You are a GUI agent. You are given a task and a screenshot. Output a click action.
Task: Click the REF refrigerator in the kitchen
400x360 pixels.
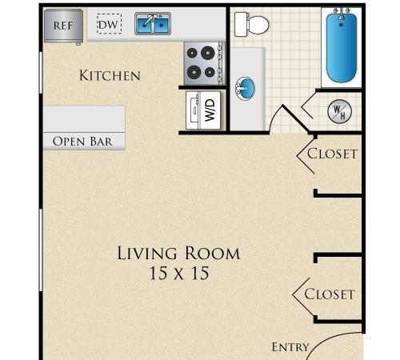point(63,26)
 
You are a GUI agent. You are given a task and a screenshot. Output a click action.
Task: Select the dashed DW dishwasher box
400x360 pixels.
point(109,24)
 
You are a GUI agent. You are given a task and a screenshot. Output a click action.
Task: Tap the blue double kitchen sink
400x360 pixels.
point(153,23)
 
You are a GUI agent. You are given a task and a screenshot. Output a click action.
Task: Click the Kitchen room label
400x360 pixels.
point(110,75)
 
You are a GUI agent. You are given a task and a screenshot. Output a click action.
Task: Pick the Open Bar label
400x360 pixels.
point(82,142)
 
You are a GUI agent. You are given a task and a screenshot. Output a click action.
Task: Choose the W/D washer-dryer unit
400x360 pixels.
point(203,110)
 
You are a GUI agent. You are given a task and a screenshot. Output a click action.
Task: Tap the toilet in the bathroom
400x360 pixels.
point(251,25)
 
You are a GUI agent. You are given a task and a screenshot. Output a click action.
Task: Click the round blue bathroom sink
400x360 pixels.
point(245,89)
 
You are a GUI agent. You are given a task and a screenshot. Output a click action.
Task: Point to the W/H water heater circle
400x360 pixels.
point(339,111)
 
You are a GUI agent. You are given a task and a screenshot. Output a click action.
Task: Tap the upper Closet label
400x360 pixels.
point(332,154)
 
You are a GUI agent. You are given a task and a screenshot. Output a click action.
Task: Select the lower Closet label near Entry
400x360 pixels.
point(330,294)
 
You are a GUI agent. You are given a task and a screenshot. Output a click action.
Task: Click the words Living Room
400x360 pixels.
point(178,253)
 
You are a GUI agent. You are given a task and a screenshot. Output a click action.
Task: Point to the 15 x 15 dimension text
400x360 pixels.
point(179,273)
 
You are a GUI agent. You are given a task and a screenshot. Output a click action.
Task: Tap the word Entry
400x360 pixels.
point(290,347)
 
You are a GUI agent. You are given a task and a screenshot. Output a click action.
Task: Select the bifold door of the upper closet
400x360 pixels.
point(306,154)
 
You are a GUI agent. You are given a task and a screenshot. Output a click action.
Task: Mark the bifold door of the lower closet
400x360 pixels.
point(302,295)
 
